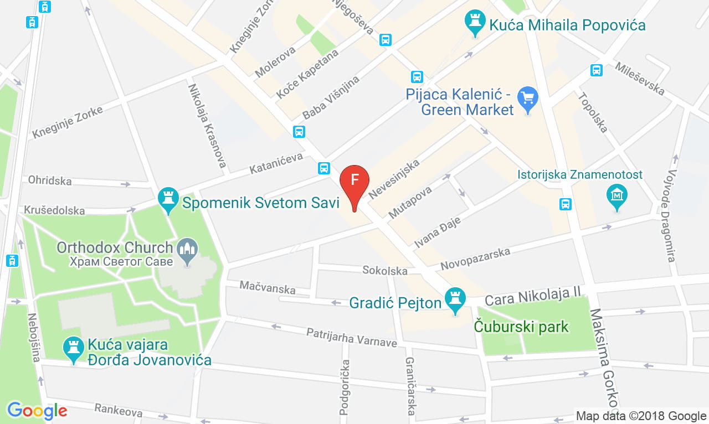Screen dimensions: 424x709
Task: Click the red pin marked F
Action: point(354,182)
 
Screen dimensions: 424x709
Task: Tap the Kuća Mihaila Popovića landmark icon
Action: point(474,22)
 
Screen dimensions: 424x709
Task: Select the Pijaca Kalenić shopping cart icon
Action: point(527,99)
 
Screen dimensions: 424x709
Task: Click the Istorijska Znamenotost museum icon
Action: point(616,196)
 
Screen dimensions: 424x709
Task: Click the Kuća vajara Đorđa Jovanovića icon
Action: point(73,349)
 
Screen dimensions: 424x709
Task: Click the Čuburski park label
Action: point(521,327)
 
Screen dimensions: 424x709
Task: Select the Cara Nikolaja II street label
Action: point(532,296)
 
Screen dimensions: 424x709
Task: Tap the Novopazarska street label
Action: point(475,259)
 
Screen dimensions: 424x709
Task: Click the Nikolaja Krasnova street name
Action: point(208,126)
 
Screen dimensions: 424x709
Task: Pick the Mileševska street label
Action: point(639,78)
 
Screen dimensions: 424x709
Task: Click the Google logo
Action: point(37,410)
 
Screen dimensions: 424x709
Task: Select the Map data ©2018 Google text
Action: point(641,416)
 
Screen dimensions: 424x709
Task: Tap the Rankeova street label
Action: point(118,410)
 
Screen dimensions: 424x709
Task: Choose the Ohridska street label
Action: point(50,180)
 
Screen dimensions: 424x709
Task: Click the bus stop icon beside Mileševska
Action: point(597,70)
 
